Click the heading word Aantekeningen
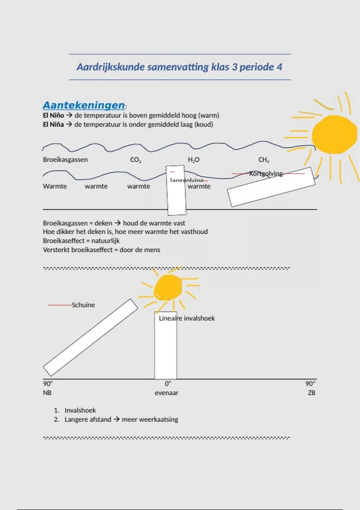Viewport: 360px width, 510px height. pyautogui.click(x=84, y=105)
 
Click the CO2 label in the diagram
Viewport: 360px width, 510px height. pyautogui.click(x=136, y=160)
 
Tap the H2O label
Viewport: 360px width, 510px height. pyautogui.click(x=193, y=160)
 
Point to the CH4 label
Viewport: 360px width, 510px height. pyautogui.click(x=264, y=160)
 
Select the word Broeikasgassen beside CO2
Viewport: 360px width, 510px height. pyautogui.click(x=65, y=160)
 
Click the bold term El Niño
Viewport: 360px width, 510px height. pyautogui.click(x=53, y=115)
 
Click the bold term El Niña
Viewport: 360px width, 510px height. pyautogui.click(x=53, y=124)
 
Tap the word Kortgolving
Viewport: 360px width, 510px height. pyautogui.click(x=266, y=174)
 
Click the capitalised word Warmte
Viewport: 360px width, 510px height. pyautogui.click(x=55, y=186)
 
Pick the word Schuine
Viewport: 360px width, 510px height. pyautogui.click(x=83, y=305)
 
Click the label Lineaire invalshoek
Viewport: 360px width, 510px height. pyautogui.click(x=187, y=318)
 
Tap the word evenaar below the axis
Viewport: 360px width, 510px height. pyautogui.click(x=166, y=393)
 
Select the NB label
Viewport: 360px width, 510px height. pyautogui.click(x=47, y=393)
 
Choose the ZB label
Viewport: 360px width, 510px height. pyautogui.click(x=311, y=393)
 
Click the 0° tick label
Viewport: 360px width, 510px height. pyautogui.click(x=168, y=384)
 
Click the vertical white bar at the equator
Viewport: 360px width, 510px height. pyautogui.click(x=166, y=351)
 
